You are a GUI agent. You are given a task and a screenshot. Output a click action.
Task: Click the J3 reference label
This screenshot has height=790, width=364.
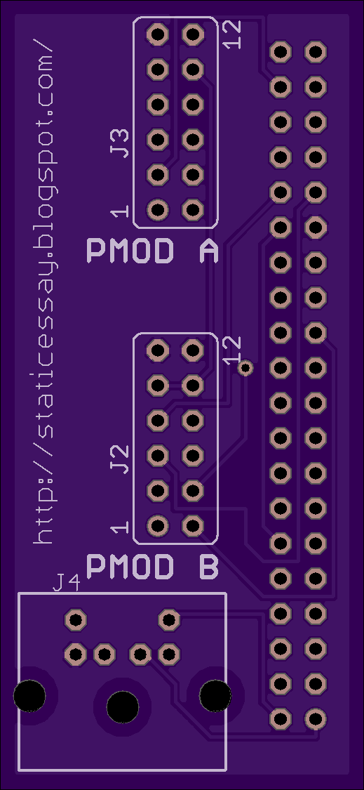pos(121,143)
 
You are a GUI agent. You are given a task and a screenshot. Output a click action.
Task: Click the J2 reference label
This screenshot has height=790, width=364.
pos(121,459)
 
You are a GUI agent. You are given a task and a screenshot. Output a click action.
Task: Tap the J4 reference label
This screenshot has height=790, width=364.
pos(67,584)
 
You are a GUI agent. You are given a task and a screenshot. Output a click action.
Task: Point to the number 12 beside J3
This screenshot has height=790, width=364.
pos(232,34)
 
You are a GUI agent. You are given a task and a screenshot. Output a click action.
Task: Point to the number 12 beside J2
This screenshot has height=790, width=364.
pos(232,350)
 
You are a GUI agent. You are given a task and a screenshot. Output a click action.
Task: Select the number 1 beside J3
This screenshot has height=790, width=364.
pos(121,211)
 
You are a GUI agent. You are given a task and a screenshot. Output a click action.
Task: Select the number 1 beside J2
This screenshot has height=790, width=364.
pos(121,527)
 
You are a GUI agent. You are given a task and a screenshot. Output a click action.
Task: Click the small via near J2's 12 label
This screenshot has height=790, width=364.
pos(245,368)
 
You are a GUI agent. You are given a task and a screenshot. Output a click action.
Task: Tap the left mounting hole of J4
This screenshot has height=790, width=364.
pos(29,696)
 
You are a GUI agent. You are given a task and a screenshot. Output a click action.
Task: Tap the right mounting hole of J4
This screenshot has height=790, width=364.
pos(215,696)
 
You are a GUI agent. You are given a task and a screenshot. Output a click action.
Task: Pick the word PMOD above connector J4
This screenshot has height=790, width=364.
pos(130,567)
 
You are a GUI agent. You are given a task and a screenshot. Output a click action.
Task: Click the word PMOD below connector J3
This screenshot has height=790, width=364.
pos(130,251)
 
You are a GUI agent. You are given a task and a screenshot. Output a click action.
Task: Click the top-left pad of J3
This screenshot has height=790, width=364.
pos(158,34)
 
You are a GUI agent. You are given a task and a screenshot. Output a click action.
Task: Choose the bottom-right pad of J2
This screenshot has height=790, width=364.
pos(192,526)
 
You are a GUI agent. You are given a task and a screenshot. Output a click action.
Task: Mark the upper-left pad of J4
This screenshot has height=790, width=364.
pos(76,619)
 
